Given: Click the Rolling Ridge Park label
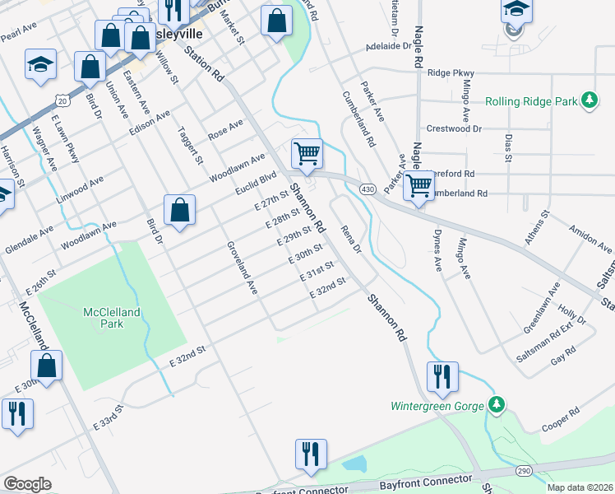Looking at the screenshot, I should tap(531, 101).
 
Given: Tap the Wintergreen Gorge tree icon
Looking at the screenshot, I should tap(495, 405).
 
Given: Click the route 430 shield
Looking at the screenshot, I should tap(368, 189).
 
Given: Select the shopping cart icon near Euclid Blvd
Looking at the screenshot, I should tap(307, 152).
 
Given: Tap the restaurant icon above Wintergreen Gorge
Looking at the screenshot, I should tap(442, 376).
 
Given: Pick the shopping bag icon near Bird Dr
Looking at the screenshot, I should tap(179, 210).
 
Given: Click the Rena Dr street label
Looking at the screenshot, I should tap(351, 240).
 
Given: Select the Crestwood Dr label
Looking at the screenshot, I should tap(454, 129).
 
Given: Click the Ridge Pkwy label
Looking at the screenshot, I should tap(453, 73).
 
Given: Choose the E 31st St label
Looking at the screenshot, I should tap(320, 270).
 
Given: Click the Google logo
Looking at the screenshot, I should tap(27, 484).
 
